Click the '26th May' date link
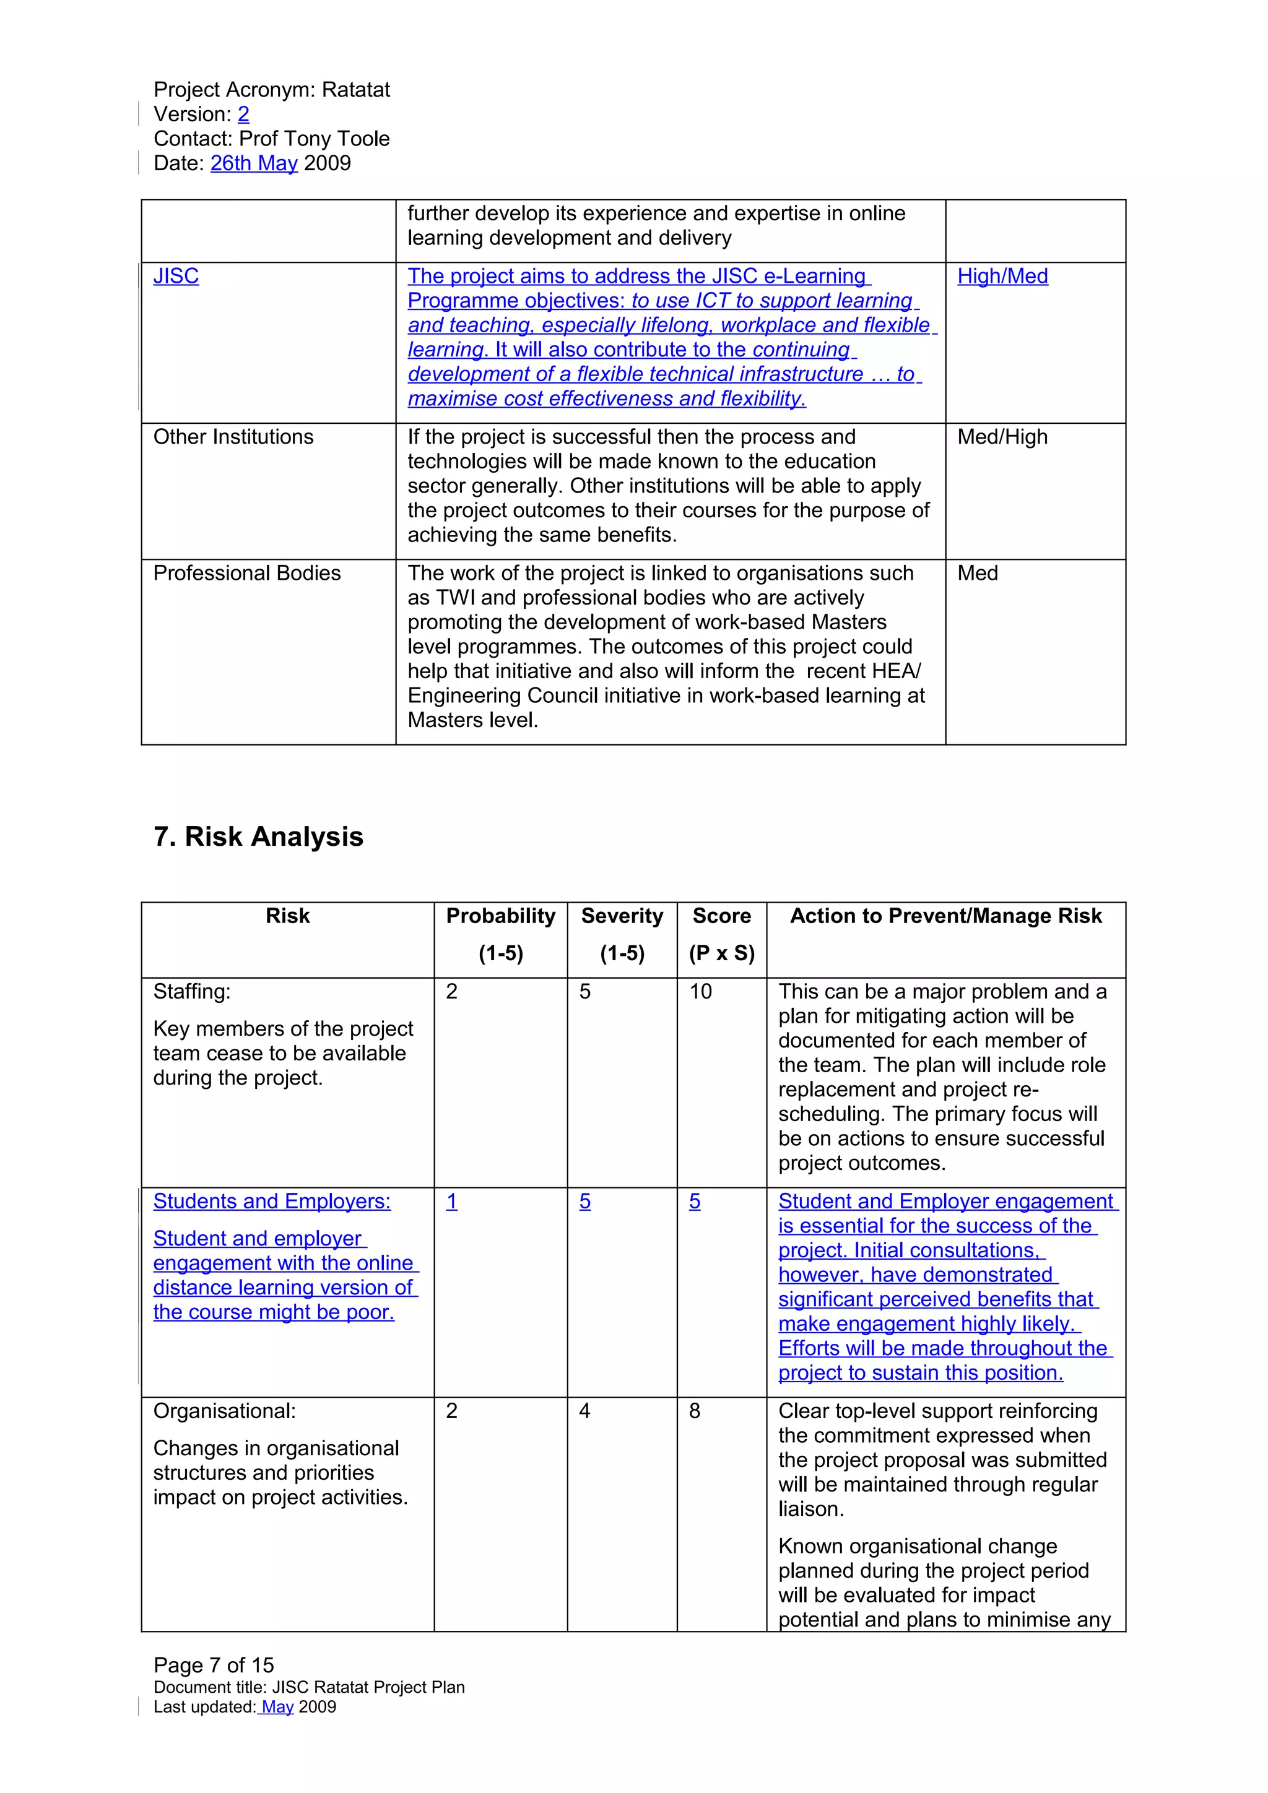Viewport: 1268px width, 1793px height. (254, 163)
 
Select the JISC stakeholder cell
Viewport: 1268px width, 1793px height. (176, 277)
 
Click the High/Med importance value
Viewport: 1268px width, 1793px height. (1002, 277)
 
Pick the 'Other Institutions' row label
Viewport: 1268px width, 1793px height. (233, 437)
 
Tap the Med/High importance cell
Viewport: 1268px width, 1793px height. (1002, 437)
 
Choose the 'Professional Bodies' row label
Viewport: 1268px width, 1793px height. (247, 573)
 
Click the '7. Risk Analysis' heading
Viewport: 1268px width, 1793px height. (259, 836)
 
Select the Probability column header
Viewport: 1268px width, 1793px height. (500, 916)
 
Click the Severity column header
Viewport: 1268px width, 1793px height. (622, 916)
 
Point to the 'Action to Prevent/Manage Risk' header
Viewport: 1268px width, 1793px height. (945, 916)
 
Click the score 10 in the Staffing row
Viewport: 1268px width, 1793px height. (700, 992)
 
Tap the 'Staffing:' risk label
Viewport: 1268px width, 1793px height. (192, 992)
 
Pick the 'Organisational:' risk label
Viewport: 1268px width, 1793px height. (224, 1411)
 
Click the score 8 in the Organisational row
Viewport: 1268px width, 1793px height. (695, 1411)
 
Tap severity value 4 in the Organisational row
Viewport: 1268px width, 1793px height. (584, 1411)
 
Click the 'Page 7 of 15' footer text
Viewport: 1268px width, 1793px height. (213, 1666)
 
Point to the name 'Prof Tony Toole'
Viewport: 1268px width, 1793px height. (314, 139)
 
